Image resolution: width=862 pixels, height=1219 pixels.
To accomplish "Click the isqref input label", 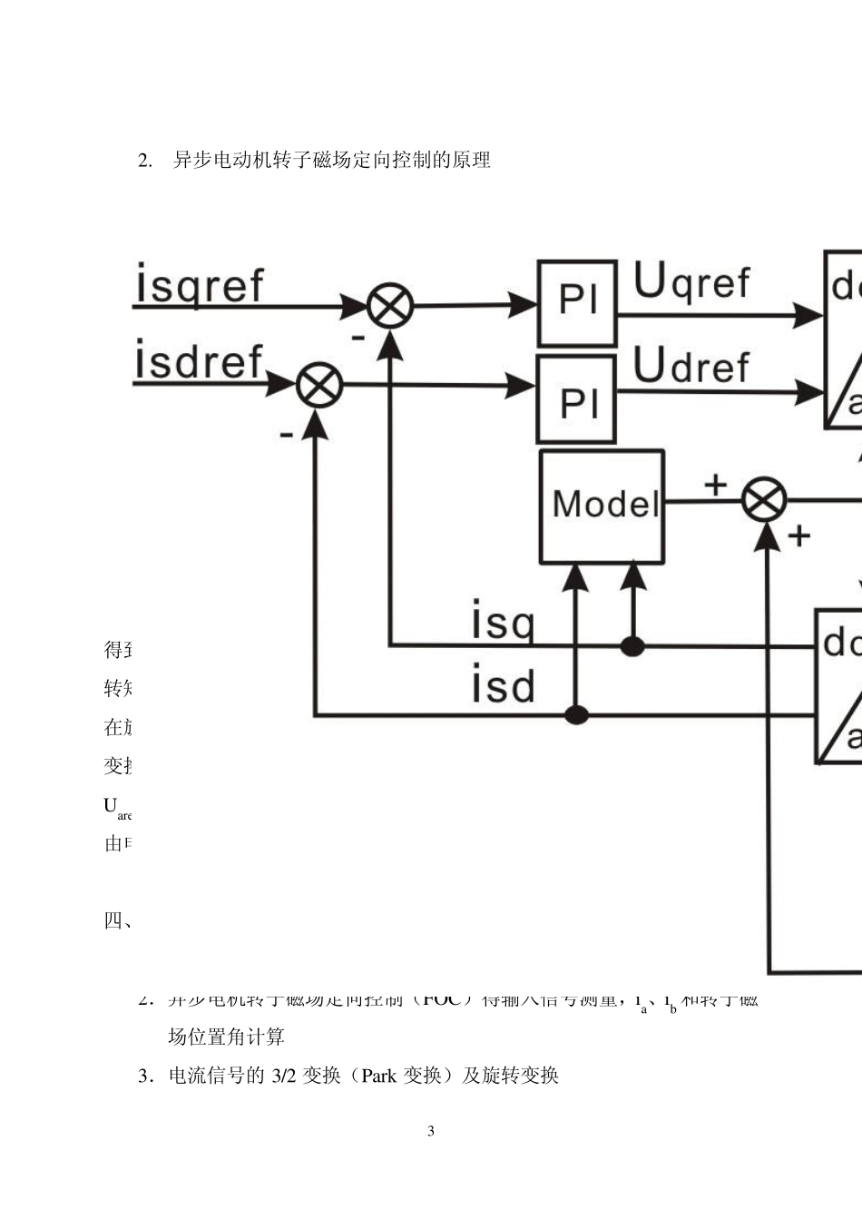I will click(200, 284).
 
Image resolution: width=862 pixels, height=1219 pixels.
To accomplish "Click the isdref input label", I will click(199, 361).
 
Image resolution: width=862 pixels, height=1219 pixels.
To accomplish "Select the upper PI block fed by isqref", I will click(577, 303).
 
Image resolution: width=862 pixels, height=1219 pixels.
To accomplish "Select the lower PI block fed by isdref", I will click(577, 399).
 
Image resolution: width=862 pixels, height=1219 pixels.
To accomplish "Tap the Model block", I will click(602, 506).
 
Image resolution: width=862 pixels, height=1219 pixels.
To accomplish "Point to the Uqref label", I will click(691, 281).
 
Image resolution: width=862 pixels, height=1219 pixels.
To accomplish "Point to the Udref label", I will click(691, 366).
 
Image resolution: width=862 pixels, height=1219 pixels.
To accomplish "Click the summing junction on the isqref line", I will click(390, 306).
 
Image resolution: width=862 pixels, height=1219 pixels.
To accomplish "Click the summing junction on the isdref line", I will click(319, 385).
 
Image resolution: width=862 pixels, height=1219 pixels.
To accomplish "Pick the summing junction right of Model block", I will click(764, 500).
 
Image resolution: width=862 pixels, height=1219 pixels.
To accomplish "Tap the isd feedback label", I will click(503, 684).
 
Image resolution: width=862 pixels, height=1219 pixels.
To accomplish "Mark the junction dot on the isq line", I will click(632, 646).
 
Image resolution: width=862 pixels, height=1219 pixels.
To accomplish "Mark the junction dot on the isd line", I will click(576, 715).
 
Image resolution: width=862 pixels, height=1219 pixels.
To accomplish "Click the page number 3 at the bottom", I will click(431, 1131).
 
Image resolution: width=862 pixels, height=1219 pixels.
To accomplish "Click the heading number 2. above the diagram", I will click(145, 161).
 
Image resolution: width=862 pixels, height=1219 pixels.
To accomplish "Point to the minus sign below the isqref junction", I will click(358, 338).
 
